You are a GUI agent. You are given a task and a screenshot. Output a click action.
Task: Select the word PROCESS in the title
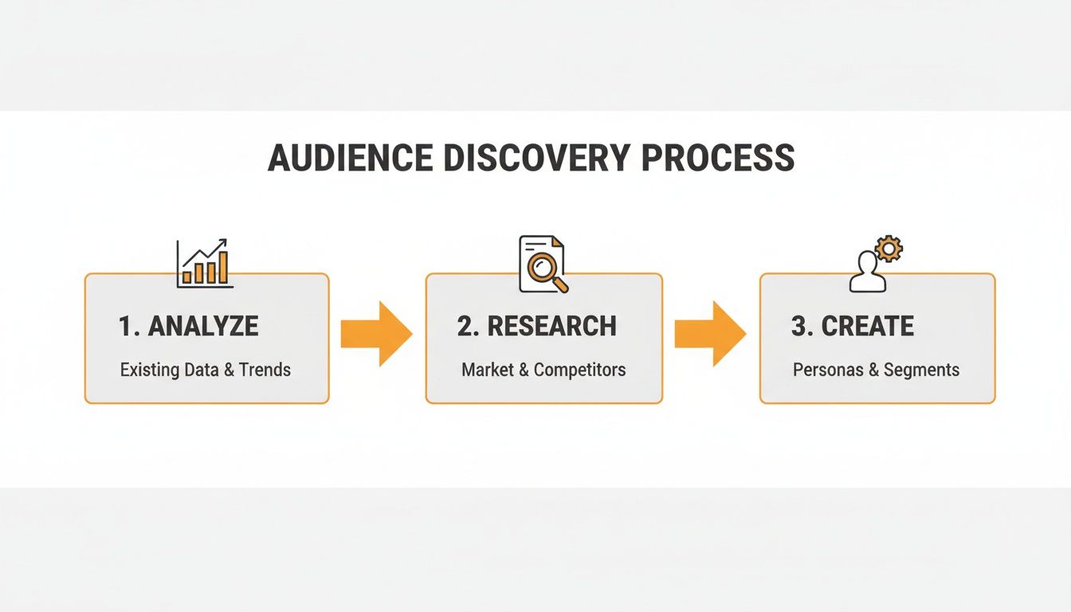pos(718,158)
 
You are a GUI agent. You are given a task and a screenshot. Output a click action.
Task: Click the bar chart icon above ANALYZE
pos(205,264)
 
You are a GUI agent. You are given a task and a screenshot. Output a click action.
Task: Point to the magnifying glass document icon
pos(544,264)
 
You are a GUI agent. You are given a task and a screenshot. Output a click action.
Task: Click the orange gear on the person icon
pos(888,249)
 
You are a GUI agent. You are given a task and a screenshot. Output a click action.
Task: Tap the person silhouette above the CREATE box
pos(868,273)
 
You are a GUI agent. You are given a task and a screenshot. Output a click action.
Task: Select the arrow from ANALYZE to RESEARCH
pos(376,334)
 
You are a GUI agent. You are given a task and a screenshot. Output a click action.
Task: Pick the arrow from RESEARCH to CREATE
pos(710,334)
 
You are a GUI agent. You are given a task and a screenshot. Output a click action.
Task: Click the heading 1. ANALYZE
pos(188,326)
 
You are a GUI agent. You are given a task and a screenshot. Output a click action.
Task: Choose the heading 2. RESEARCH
pos(536,326)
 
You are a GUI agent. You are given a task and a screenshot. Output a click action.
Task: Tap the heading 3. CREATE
pos(853,326)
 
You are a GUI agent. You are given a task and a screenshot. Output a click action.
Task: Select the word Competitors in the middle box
pos(579,370)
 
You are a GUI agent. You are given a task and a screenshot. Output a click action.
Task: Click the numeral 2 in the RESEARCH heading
pos(465,326)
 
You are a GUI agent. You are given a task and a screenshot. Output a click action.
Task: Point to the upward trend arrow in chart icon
pos(209,249)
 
